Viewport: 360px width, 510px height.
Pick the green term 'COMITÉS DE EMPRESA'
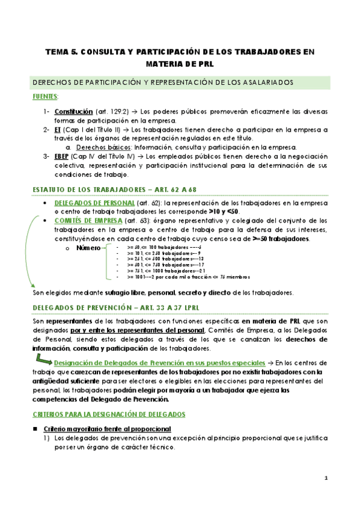(89, 220)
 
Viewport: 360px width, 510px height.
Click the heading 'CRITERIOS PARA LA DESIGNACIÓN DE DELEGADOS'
(109, 415)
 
